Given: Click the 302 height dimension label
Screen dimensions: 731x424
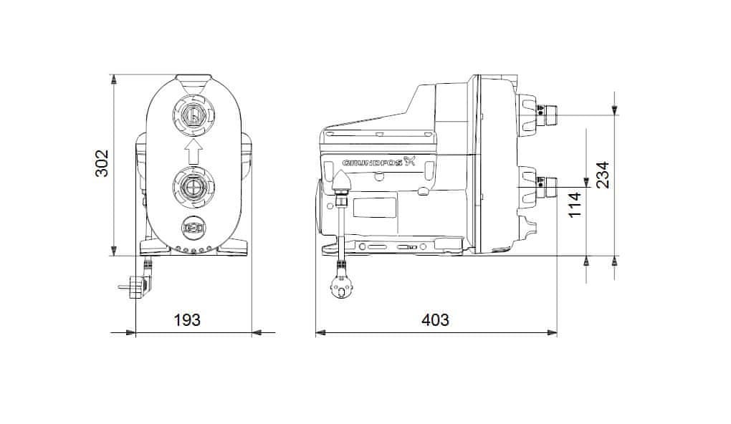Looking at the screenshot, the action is point(102,163).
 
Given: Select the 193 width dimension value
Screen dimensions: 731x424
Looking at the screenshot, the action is point(188,320).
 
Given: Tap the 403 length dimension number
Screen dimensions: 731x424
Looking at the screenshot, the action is point(436,320).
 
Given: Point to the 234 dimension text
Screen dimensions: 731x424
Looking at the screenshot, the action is point(603,175).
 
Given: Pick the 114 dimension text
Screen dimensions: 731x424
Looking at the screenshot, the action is point(575,204).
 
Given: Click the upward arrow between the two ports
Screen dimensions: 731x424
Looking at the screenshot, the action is point(193,150).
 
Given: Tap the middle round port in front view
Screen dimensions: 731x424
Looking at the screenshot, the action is point(193,187).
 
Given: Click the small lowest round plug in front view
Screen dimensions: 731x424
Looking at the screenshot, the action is point(193,228).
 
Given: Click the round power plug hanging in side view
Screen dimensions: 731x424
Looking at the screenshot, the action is point(341,285).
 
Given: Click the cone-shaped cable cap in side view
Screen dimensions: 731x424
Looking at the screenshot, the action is point(342,181).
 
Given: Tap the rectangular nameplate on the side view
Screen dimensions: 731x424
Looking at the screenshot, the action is point(374,207).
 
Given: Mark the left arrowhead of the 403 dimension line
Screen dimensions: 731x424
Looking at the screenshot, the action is point(320,332).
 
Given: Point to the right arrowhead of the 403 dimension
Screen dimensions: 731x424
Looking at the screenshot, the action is point(553,332).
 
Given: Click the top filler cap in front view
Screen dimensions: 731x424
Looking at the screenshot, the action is point(193,80).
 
